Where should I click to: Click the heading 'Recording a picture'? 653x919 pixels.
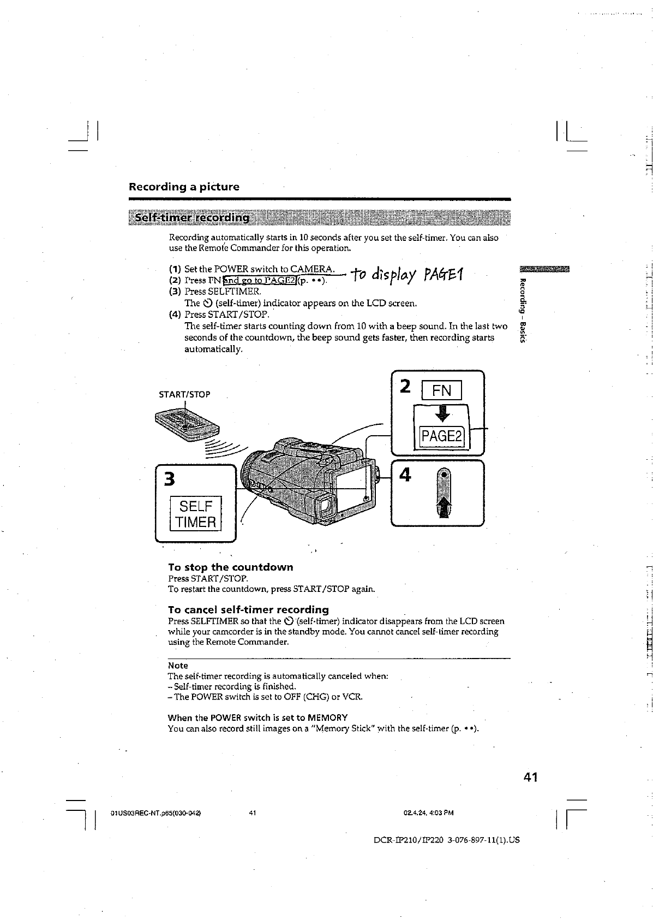click(184, 187)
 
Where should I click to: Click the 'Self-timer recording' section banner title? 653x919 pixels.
click(193, 218)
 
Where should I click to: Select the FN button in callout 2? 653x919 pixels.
click(441, 390)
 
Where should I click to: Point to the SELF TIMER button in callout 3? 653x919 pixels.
click(196, 513)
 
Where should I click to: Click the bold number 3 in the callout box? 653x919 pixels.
click(170, 479)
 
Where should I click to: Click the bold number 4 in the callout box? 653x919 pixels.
click(405, 475)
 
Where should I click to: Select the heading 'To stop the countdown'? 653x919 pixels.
click(230, 567)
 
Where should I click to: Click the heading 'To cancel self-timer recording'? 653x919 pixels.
click(248, 609)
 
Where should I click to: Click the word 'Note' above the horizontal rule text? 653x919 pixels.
click(178, 666)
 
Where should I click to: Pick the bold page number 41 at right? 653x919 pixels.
click(528, 776)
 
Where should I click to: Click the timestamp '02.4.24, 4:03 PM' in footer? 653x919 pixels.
click(429, 813)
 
